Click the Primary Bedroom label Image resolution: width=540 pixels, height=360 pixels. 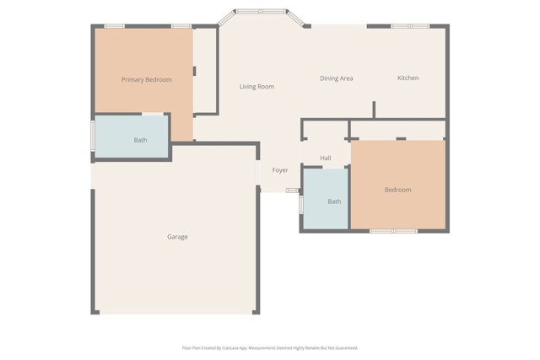pos(146,80)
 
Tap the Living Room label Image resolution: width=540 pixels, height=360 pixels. pos(256,87)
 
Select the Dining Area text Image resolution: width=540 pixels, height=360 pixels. pos(336,78)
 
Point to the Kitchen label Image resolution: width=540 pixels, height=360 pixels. pos(408,78)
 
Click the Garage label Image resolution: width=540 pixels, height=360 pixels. pos(177,237)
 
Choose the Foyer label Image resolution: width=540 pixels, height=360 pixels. pos(280,170)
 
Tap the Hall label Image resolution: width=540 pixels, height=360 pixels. pos(326,158)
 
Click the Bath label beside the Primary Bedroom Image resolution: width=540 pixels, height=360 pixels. pos(140,140)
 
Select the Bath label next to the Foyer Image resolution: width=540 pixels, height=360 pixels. pos(334,201)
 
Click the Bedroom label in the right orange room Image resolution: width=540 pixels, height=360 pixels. pos(397,190)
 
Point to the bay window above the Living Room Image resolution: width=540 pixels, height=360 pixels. pos(260,12)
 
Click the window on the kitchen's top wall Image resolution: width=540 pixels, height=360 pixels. pos(410,26)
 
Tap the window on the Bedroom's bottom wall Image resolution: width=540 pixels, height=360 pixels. pos(393,231)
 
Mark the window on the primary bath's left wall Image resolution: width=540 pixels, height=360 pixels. pos(93,137)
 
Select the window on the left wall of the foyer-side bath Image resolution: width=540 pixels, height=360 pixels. pos(301,205)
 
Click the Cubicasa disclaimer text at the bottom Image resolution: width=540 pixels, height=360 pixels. pos(270,347)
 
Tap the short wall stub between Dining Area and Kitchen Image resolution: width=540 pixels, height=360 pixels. pos(374,110)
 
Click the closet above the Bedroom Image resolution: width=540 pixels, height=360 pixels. pos(397,130)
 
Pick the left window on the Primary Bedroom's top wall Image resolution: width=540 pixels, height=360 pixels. pos(114,26)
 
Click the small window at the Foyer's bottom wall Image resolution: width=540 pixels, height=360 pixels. pos(291,191)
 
